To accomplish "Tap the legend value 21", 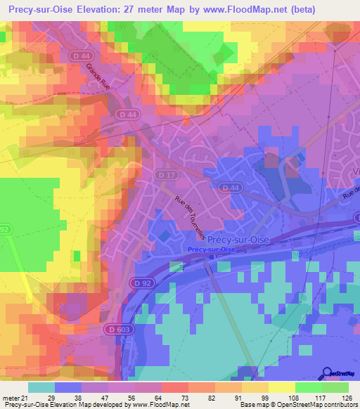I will pyautogui.click(x=27, y=397).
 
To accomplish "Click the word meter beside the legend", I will pyautogui.click(x=12, y=397).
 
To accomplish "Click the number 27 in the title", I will pyautogui.click(x=150, y=10).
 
